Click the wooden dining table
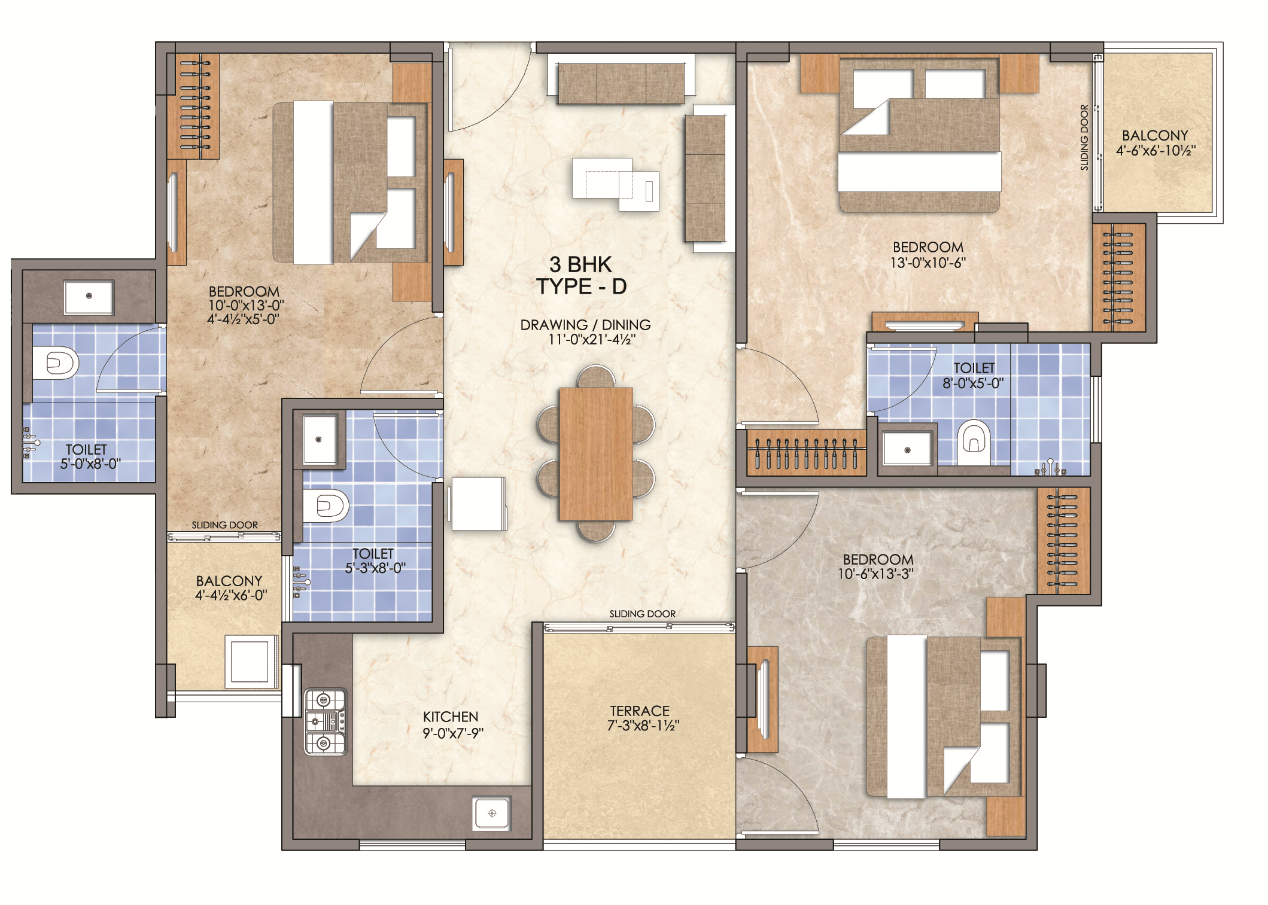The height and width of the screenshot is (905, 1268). (595, 454)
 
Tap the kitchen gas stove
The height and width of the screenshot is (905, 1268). (326, 721)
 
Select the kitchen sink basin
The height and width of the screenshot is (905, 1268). (492, 813)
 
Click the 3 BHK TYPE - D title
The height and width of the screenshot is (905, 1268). (581, 275)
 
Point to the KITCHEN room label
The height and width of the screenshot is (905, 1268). (451, 717)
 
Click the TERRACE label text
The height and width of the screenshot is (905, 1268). (640, 711)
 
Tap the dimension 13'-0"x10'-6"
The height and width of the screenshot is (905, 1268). (928, 263)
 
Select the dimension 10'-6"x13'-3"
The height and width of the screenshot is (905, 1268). (875, 574)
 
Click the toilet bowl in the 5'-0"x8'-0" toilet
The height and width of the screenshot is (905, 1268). (55, 362)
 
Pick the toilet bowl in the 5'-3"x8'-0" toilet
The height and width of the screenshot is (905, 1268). (326, 506)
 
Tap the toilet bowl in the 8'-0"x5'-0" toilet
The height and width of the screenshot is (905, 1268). (974, 443)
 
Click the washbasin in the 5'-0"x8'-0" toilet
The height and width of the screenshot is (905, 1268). (89, 297)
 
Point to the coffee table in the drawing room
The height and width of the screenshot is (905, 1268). (615, 184)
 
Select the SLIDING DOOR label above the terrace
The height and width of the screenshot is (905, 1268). (642, 614)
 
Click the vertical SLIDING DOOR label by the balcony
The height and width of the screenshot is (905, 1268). (1084, 138)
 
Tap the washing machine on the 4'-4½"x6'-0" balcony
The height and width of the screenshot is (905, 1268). (251, 662)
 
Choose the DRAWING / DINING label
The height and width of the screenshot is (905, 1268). (585, 325)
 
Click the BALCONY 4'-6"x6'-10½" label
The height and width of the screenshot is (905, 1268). (1156, 143)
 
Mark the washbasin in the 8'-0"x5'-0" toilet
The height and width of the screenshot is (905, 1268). (907, 449)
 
